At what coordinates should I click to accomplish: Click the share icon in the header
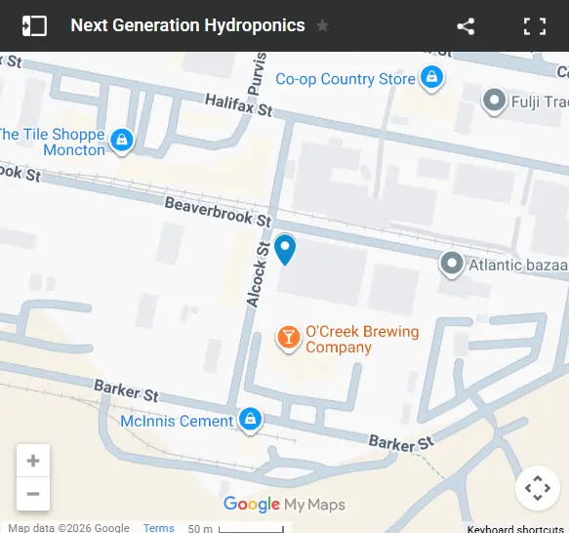pyautogui.click(x=466, y=26)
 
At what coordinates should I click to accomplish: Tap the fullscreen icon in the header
pyautogui.click(x=535, y=26)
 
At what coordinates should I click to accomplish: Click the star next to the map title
pyautogui.click(x=323, y=26)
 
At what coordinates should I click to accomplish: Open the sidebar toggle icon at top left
pyautogui.click(x=34, y=26)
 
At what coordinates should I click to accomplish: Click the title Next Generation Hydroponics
pyautogui.click(x=187, y=26)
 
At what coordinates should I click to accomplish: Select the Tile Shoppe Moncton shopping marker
pyautogui.click(x=121, y=141)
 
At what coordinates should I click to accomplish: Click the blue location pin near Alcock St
pyautogui.click(x=285, y=249)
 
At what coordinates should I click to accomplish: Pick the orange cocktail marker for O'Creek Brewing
pyautogui.click(x=288, y=338)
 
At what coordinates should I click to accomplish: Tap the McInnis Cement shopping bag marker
pyautogui.click(x=251, y=420)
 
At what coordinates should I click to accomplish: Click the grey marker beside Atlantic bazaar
pyautogui.click(x=451, y=264)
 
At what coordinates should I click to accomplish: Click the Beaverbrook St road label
pyautogui.click(x=218, y=212)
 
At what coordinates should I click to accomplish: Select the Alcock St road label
pyautogui.click(x=257, y=275)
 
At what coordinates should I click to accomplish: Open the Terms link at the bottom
pyautogui.click(x=158, y=528)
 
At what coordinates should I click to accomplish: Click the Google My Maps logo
pyautogui.click(x=284, y=505)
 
